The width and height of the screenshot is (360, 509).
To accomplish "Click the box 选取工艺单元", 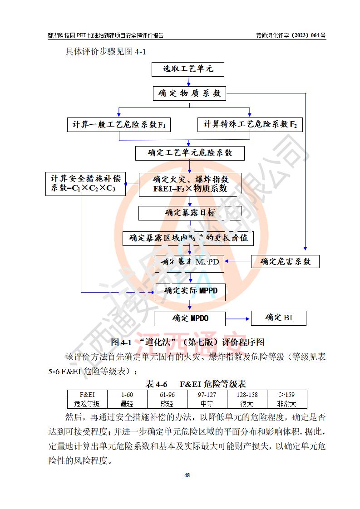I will (188, 69).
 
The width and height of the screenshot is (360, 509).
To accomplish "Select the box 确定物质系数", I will (190, 93).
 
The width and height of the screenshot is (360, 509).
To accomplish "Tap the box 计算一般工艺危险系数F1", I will (119, 124).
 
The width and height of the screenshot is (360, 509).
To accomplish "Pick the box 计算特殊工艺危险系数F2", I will (250, 124).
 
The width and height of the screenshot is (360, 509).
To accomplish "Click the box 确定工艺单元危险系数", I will (190, 153).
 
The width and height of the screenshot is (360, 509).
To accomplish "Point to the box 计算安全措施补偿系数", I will (86, 184).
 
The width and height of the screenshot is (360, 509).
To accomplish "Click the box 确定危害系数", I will (285, 261).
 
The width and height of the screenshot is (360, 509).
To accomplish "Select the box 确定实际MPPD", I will (190, 291).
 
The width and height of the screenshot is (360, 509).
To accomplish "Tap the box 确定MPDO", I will (190, 318).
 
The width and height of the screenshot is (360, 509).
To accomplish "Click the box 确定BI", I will (279, 318).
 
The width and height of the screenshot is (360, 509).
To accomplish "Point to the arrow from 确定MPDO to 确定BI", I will (238, 318).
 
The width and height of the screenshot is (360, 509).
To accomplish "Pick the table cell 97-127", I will (207, 395).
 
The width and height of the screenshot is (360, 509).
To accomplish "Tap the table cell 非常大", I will (287, 404).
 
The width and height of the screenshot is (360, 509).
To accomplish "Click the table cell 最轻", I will (127, 404).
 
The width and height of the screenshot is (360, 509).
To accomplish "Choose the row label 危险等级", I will (87, 404).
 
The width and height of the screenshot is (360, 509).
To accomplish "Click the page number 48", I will (187, 475).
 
